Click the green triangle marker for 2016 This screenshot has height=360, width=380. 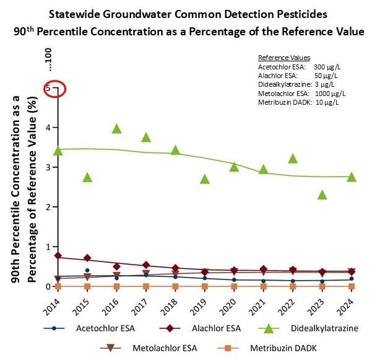[116, 129]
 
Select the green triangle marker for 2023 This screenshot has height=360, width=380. [322, 195]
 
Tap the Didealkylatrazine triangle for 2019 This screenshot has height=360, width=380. [205, 179]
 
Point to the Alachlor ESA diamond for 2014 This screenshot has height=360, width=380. [58, 255]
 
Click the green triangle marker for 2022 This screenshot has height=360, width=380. [293, 159]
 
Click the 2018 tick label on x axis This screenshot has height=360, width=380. [173, 303]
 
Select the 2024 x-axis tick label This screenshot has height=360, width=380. [348, 303]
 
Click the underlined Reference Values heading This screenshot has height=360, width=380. [284, 58]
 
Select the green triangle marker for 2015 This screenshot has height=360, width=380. [87, 177]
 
